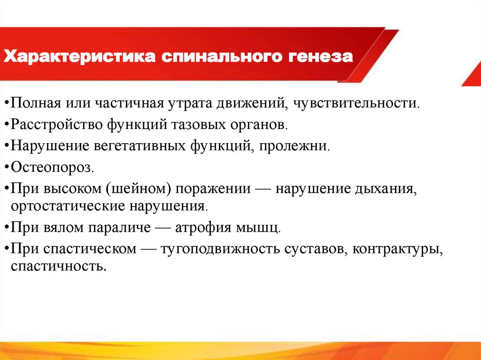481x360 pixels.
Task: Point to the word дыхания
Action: click(385, 190)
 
